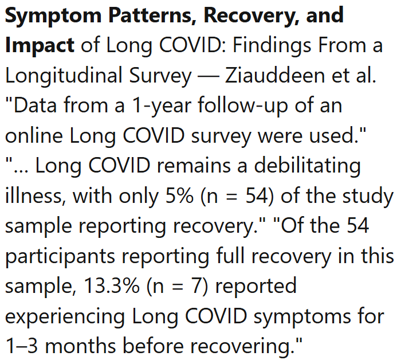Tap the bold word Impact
click(x=40, y=45)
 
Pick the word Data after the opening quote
click(x=36, y=106)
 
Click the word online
click(x=35, y=136)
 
